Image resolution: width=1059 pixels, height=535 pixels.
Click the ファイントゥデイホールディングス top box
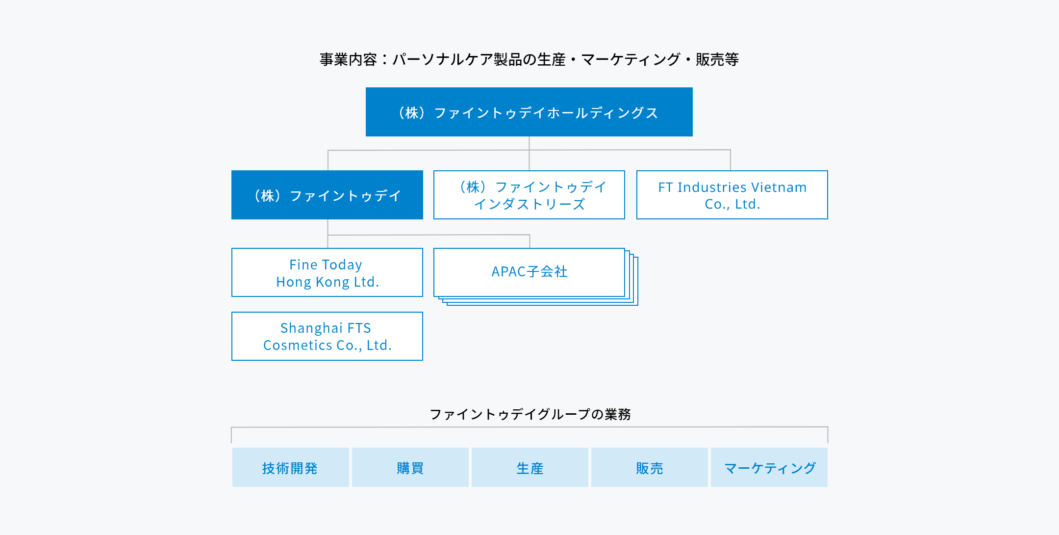(x=529, y=112)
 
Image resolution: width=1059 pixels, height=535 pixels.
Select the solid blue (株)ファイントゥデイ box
(x=327, y=195)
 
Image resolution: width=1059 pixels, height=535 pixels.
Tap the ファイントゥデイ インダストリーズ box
(x=529, y=195)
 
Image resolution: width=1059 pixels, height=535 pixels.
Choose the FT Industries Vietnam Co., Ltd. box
(x=732, y=195)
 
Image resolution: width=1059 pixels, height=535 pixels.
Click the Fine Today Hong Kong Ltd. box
(x=327, y=272)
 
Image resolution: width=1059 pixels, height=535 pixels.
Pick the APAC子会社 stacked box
(x=535, y=276)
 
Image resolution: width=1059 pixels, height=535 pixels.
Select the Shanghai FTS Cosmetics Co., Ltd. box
(x=327, y=336)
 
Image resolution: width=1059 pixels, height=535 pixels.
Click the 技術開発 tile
(x=291, y=467)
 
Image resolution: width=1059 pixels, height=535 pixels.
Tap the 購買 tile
(x=410, y=467)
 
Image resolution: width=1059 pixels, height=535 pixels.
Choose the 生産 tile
(x=530, y=467)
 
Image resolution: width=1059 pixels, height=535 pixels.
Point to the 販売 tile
(x=650, y=467)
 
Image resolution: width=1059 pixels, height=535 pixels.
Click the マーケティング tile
(x=769, y=467)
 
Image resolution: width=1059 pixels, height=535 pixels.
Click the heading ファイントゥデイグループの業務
(x=530, y=414)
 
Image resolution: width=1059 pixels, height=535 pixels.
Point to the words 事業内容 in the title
(x=348, y=59)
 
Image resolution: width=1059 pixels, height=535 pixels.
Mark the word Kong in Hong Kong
(x=332, y=282)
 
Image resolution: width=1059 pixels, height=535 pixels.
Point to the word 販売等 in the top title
(x=717, y=59)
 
